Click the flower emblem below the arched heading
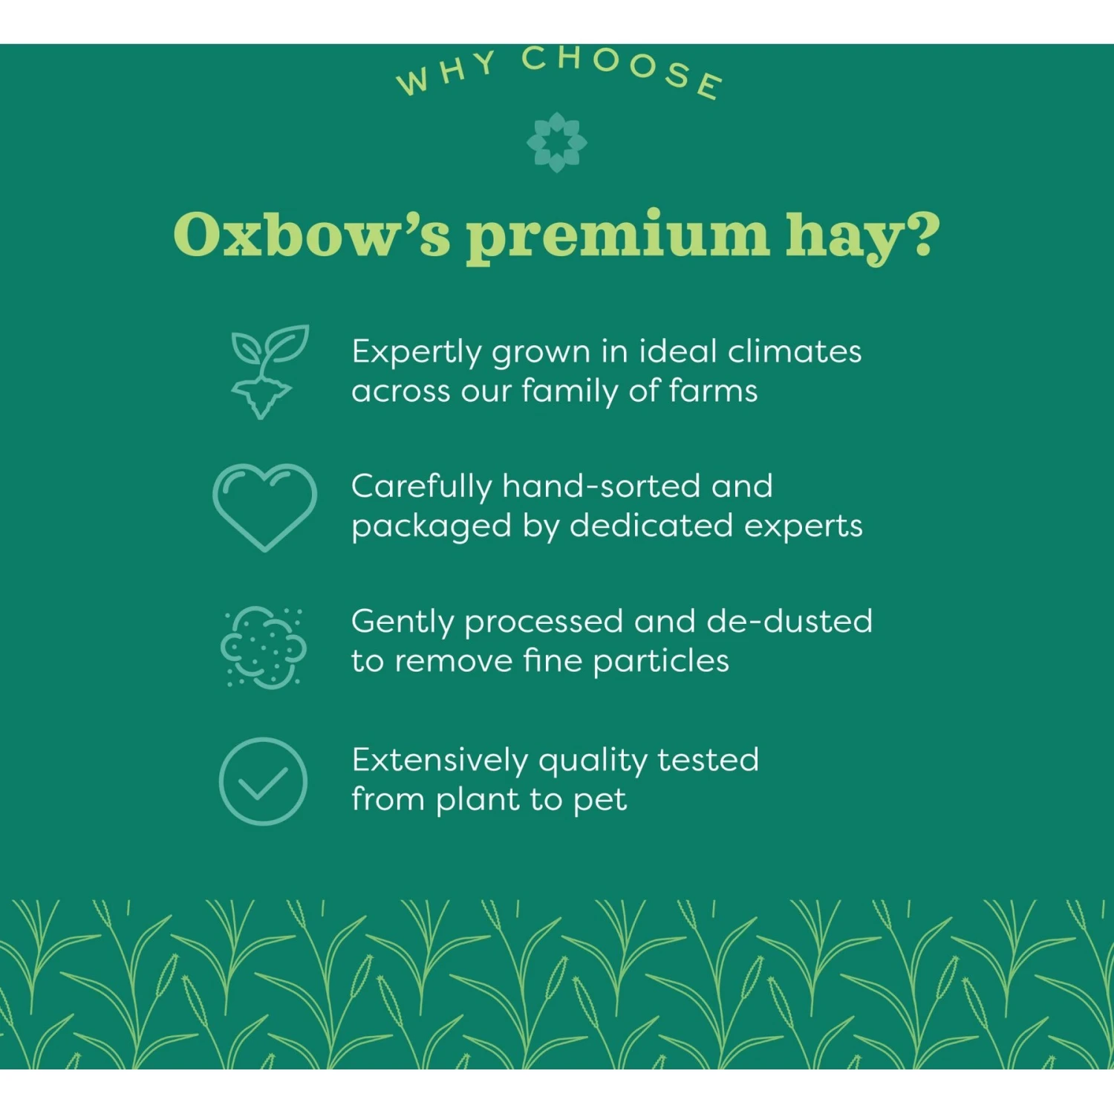(x=556, y=142)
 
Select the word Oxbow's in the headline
(x=311, y=235)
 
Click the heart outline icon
(x=264, y=506)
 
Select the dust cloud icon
(x=264, y=646)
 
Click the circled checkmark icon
(x=263, y=781)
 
